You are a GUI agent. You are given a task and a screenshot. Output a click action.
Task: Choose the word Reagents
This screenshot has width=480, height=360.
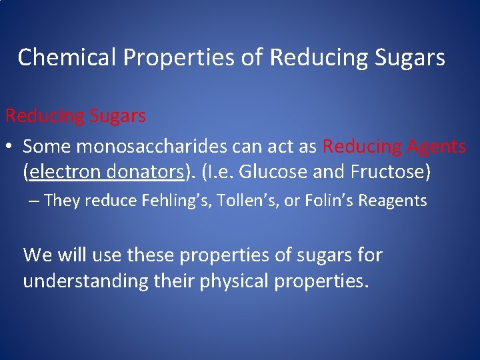[x=393, y=200]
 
